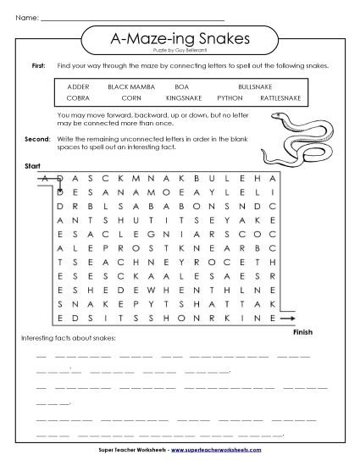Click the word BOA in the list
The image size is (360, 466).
click(x=180, y=87)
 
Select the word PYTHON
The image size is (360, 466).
click(x=229, y=98)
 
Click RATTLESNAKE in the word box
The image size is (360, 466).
click(x=279, y=98)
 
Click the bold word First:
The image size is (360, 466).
click(x=38, y=65)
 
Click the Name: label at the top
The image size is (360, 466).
click(x=28, y=17)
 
